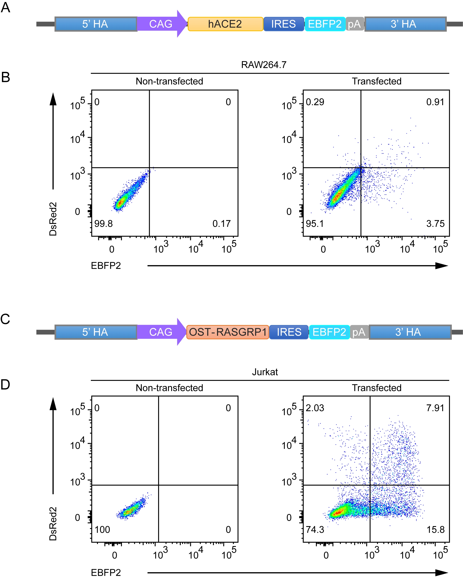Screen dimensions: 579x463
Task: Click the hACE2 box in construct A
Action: pos(225,24)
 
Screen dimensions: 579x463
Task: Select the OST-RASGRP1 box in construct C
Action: pos(228,332)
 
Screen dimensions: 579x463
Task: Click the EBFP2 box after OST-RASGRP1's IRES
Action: pos(329,332)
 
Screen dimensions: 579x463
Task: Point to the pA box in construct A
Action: pos(355,24)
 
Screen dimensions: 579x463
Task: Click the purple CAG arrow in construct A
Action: pos(161,24)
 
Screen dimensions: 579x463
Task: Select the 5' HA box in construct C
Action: pos(95,332)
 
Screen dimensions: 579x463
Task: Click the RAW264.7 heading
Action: pos(264,65)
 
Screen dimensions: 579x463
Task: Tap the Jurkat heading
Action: pos(265,372)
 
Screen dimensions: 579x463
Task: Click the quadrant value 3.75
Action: pos(435,224)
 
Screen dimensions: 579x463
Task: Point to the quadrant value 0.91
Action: pos(435,102)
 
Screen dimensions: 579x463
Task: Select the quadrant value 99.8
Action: pos(103,224)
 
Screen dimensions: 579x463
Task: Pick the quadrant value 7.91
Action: pos(435,408)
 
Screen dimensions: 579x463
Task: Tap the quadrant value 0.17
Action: pos(222,224)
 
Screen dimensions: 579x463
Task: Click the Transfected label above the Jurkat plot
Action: pos(376,388)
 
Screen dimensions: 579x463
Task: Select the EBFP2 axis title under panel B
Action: pos(106,266)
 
